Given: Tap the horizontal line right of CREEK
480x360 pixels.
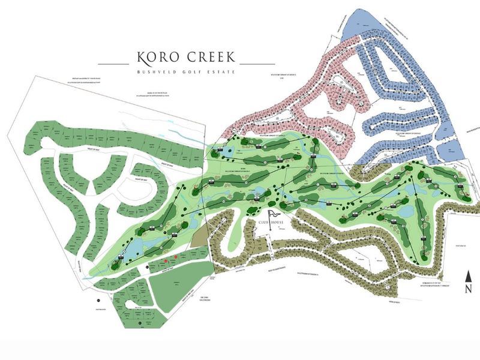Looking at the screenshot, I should coord(257,62).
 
